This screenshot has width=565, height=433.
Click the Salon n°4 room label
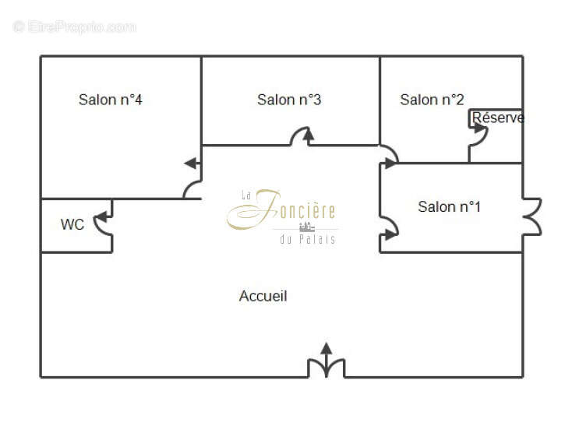[111, 100]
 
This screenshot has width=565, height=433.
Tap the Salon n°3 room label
[289, 100]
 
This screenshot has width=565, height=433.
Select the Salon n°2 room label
[432, 100]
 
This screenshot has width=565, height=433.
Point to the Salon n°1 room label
[449, 207]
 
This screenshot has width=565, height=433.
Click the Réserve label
[498, 118]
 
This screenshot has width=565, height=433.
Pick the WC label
[72, 224]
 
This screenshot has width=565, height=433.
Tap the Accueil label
[263, 296]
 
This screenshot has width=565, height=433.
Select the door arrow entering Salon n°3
[308, 136]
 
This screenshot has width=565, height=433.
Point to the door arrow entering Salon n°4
[192, 164]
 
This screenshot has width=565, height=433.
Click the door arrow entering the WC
[104, 216]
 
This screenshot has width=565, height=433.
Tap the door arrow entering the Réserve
[478, 128]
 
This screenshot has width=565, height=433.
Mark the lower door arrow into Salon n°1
[389, 235]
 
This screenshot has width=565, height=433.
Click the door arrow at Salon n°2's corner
[389, 164]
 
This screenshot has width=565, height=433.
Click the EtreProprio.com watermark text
[75, 27]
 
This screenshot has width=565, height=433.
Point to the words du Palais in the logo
[308, 239]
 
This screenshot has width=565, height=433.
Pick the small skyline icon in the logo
[307, 227]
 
